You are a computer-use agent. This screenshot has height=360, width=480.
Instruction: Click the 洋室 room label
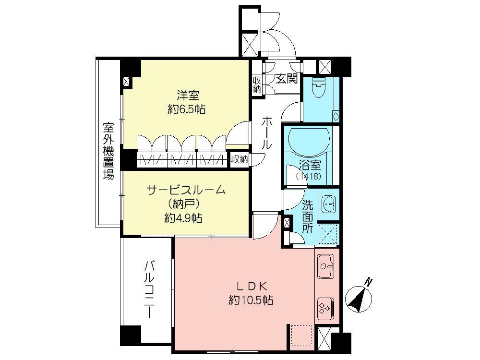pyautogui.click(x=187, y=95)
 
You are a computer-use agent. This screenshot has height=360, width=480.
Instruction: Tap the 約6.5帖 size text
pyautogui.click(x=187, y=109)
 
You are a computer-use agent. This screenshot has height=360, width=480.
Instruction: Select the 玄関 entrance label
pyautogui.click(x=287, y=79)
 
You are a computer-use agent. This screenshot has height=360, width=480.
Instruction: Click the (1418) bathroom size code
pyautogui.click(x=309, y=177)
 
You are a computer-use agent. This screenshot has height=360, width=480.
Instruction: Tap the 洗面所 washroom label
pyautogui.click(x=308, y=216)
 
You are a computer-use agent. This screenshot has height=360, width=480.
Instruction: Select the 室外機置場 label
pyautogui.click(x=108, y=150)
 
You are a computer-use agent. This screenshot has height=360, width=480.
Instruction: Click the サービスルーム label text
pyautogui.click(x=186, y=190)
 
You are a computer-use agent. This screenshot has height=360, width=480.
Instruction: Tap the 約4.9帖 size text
pyautogui.click(x=183, y=218)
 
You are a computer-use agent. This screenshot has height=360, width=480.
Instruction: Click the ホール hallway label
pyautogui.click(x=267, y=133)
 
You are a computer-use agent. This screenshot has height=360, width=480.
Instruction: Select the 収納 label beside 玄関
pyautogui.click(x=257, y=84)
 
